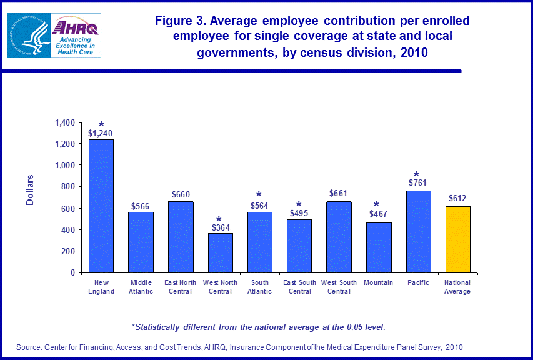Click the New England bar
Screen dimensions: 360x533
tap(101, 206)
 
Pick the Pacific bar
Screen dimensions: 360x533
tap(418, 231)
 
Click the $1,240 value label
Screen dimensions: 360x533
tap(101, 133)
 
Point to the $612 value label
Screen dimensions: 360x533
tap(457, 199)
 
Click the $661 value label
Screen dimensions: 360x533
tap(339, 194)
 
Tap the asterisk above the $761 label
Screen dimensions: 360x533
tap(416, 174)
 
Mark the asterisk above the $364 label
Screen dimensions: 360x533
tap(219, 219)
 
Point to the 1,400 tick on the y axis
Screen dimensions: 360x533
tap(66, 122)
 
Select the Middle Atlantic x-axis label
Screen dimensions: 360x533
tap(141, 287)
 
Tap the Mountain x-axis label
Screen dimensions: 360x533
tap(378, 283)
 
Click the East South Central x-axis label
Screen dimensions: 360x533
tap(299, 287)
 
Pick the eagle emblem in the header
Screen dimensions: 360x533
tap(28, 36)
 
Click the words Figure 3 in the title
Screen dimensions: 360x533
tap(182, 21)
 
